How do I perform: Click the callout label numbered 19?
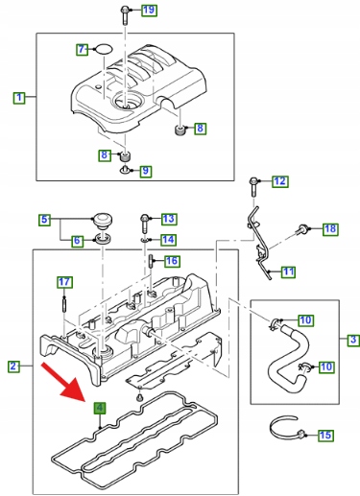(149, 10)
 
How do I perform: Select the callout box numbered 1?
(19, 97)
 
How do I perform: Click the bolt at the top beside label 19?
(124, 15)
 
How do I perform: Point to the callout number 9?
(145, 171)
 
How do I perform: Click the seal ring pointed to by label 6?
(102, 239)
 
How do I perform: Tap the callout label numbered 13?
(169, 219)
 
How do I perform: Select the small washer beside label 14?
(144, 239)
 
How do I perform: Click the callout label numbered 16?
(172, 261)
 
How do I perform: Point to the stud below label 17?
(64, 304)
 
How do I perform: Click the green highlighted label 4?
(100, 408)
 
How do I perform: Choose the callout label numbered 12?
(280, 181)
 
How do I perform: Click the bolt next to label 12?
(253, 187)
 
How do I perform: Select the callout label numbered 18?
(330, 228)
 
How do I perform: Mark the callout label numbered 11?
(289, 272)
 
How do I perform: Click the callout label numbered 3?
(353, 340)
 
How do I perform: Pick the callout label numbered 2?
(13, 366)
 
